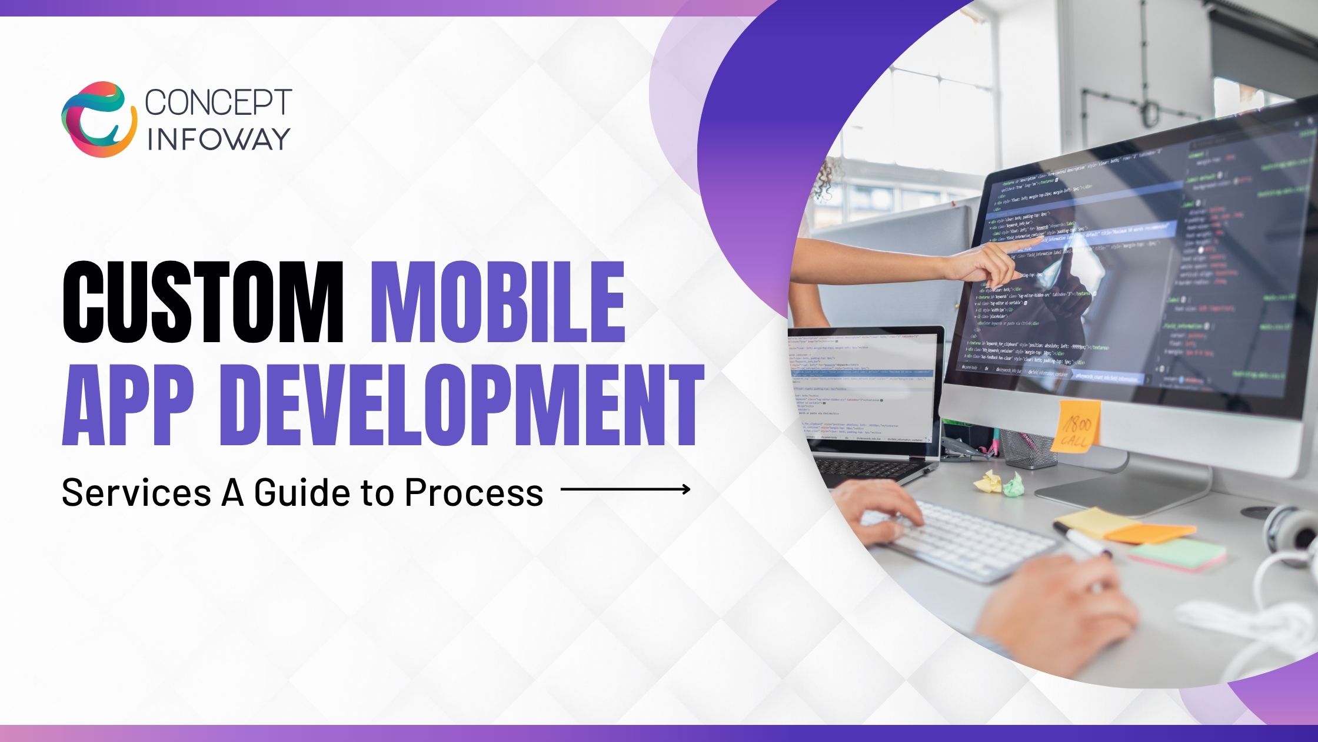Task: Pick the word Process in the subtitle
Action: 474,492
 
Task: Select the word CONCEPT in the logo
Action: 218,102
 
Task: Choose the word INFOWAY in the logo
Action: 218,139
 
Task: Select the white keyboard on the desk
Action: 965,542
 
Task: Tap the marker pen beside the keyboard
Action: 1083,539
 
